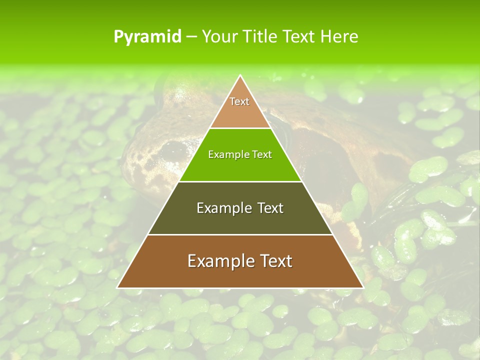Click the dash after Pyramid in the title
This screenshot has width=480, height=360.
[191, 37]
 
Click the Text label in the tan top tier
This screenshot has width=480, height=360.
[239, 101]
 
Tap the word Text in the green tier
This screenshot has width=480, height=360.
[261, 155]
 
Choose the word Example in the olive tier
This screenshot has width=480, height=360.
[222, 208]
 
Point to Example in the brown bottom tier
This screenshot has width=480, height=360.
[218, 261]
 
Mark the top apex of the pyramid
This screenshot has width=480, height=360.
[240, 76]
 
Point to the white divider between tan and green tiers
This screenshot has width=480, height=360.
[240, 128]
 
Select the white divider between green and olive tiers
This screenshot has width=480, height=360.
[240, 181]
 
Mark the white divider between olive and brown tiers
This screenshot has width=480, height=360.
[240, 234]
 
